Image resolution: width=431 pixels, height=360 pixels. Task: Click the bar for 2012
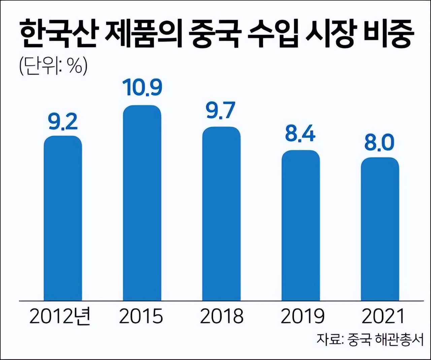click(x=63, y=218)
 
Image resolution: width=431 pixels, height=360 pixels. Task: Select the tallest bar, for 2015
click(x=142, y=203)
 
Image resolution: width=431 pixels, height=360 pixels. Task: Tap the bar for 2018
click(x=221, y=214)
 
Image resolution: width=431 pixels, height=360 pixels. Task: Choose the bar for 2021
click(x=380, y=229)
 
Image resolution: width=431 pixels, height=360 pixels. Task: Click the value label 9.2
click(x=63, y=122)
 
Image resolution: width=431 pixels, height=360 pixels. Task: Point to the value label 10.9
click(x=142, y=87)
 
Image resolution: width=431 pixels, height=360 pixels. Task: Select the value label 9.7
click(x=221, y=111)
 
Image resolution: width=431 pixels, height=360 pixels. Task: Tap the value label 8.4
click(x=300, y=133)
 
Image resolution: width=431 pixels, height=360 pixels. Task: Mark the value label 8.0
click(x=379, y=142)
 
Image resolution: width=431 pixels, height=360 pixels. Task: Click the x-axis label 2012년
click(x=60, y=316)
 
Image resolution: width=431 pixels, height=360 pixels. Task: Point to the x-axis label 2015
click(x=141, y=316)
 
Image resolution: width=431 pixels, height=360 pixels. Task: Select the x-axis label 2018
click(x=222, y=316)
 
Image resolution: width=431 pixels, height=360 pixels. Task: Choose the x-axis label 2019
click(x=302, y=316)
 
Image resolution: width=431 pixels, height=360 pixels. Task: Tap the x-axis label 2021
click(x=383, y=316)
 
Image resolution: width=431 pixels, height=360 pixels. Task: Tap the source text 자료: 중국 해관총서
click(x=369, y=340)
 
